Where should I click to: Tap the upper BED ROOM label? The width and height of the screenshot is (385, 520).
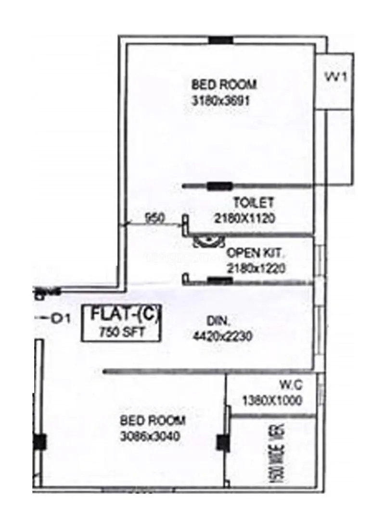click(x=224, y=85)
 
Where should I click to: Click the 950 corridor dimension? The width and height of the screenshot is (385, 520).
click(x=155, y=218)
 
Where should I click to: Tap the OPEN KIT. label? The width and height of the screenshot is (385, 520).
click(x=256, y=252)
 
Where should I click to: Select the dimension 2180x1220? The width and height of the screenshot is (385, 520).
click(x=256, y=268)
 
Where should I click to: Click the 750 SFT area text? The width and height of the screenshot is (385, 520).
click(x=121, y=332)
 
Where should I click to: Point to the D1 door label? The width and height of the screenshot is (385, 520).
click(x=61, y=318)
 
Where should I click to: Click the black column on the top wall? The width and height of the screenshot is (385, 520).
click(x=220, y=40)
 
